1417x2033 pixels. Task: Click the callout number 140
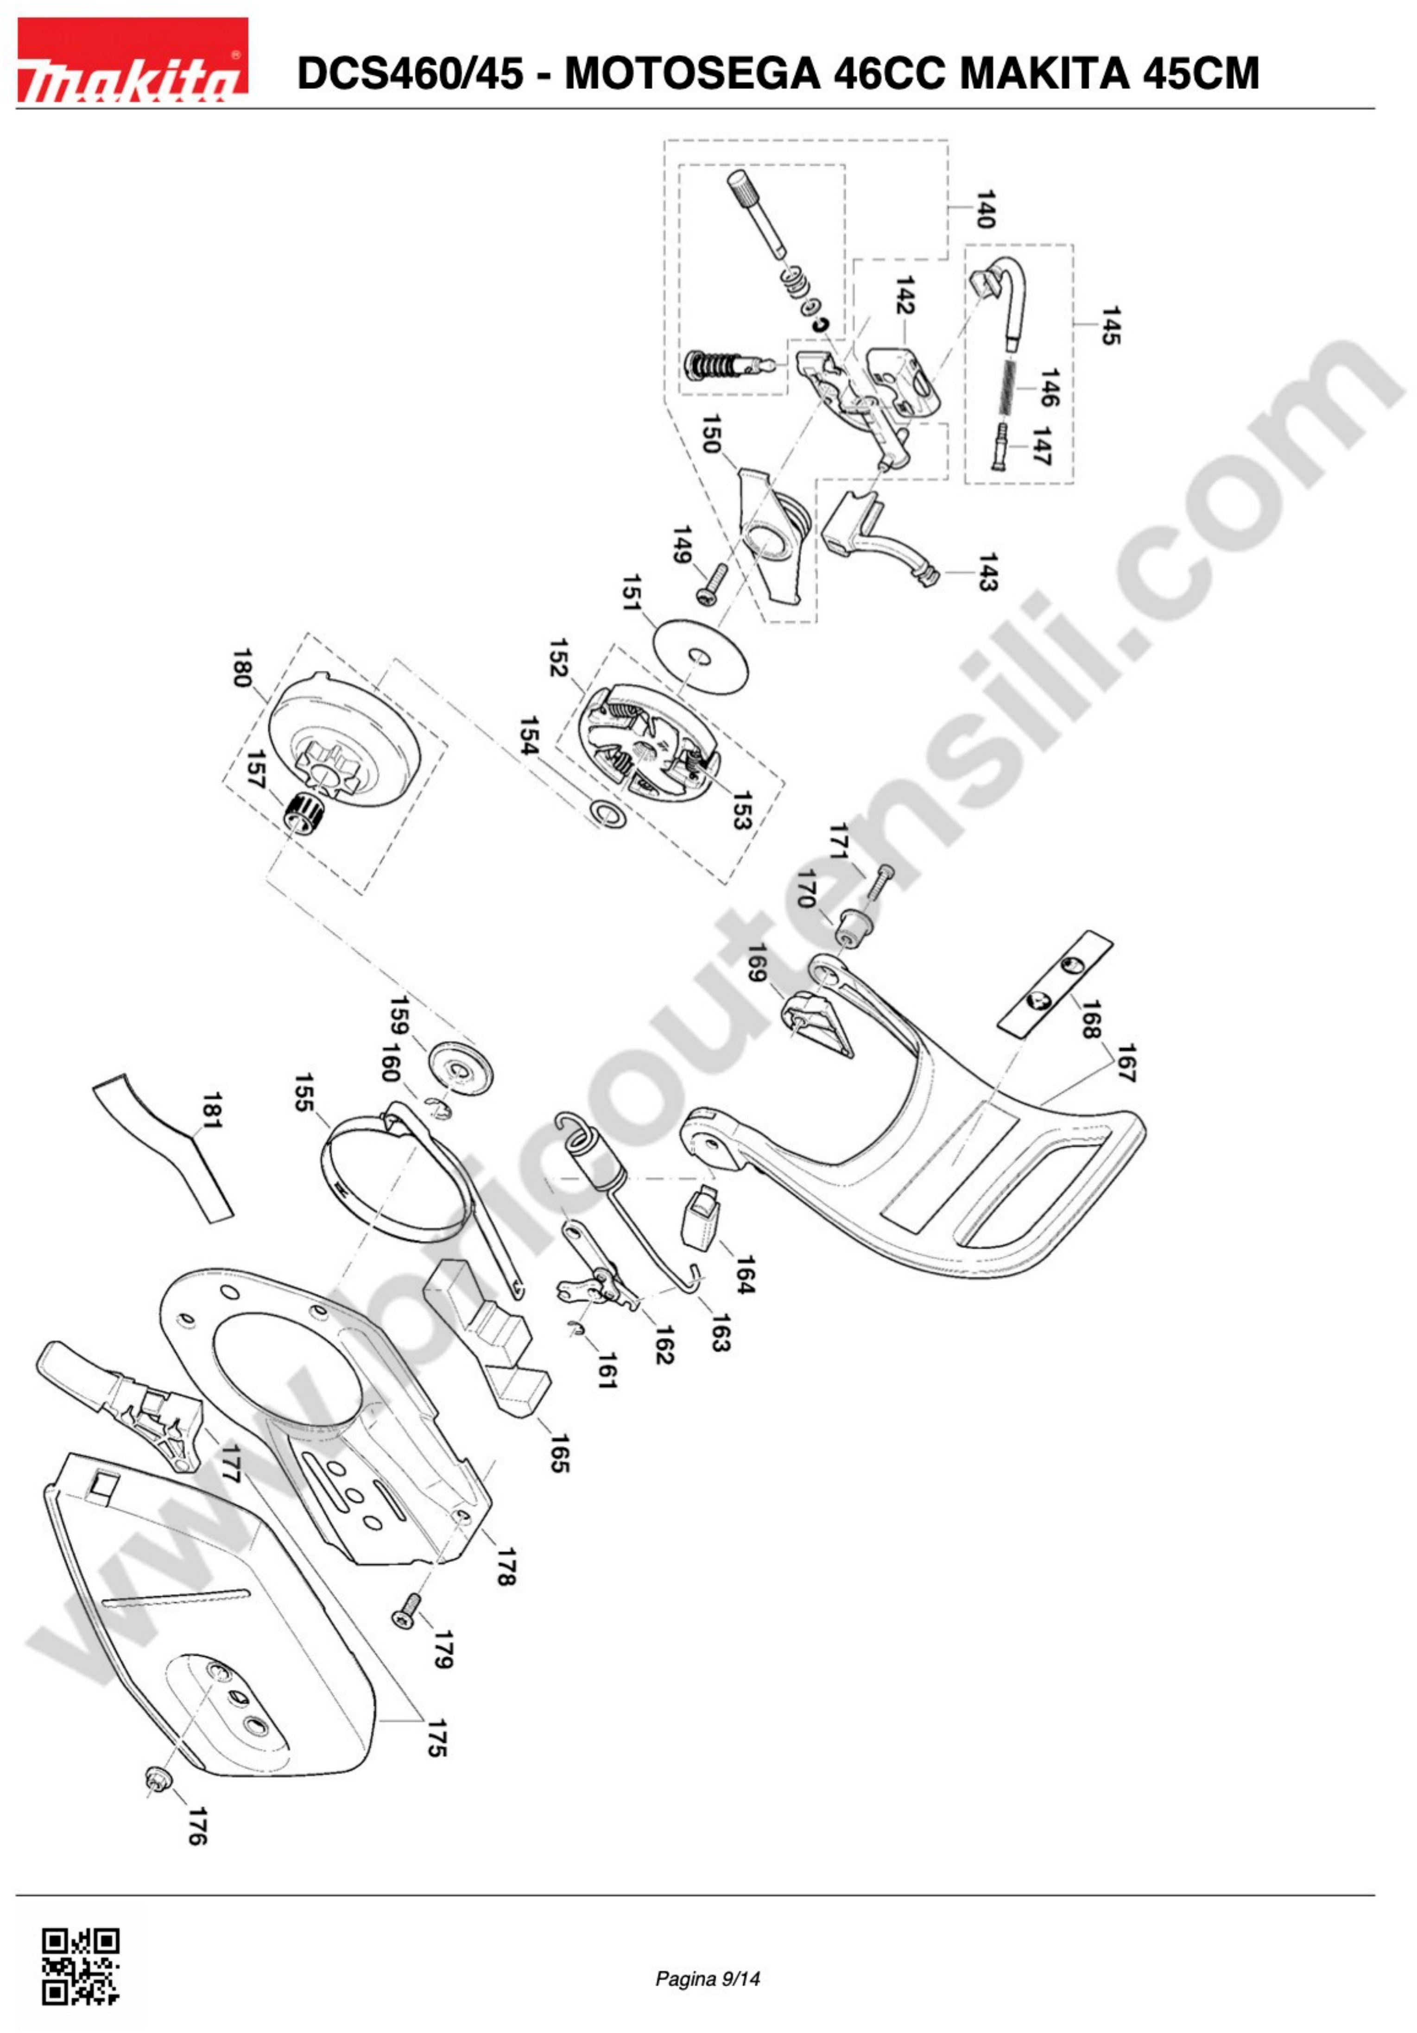tap(985, 209)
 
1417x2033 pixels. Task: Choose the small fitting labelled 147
tap(1001, 447)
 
